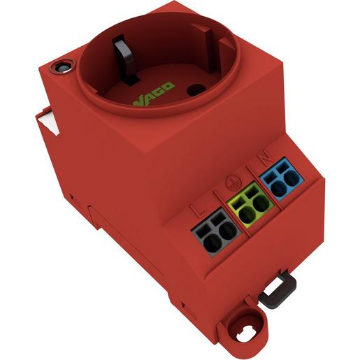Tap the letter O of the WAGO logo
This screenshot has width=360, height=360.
[x=169, y=86]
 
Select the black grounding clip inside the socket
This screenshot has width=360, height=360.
[x=126, y=59]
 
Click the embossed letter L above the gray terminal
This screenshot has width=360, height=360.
[x=198, y=211]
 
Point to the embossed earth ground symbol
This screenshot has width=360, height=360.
[x=231, y=181]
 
